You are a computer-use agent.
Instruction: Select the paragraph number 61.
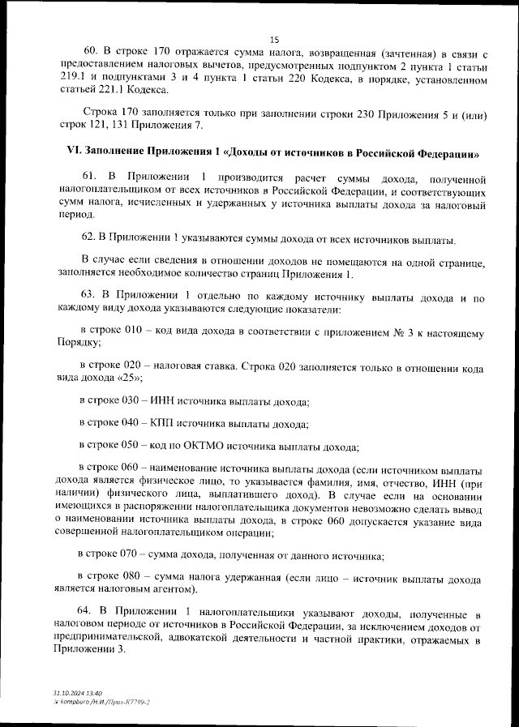[90, 177]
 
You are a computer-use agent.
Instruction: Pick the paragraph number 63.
[90, 297]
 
